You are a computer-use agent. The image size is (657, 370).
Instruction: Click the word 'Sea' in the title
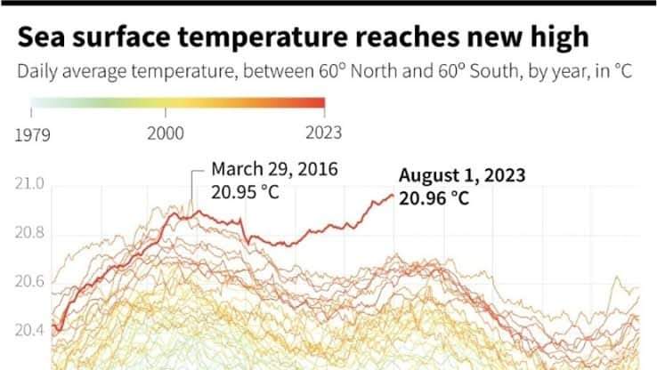pos(42,37)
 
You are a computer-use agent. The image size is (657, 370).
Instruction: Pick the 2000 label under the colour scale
pos(165,133)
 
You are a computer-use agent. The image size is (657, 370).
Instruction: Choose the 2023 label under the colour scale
pos(324,133)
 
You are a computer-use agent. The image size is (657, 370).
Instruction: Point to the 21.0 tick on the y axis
pos(31,185)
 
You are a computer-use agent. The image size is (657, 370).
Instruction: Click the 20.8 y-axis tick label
pos(31,234)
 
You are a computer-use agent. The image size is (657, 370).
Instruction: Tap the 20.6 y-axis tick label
pos(31,283)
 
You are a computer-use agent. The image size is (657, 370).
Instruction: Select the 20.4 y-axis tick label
pos(31,331)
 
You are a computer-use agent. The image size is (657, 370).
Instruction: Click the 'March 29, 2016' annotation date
pos(274,169)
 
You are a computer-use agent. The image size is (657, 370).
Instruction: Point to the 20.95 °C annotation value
pos(246,190)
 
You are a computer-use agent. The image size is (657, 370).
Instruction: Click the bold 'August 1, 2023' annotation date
pos(462,175)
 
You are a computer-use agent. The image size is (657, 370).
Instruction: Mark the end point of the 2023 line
pos(393,195)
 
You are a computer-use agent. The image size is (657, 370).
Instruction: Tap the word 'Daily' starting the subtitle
pos(36,71)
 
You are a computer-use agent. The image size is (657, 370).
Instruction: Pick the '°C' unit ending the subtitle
pos(621,71)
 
